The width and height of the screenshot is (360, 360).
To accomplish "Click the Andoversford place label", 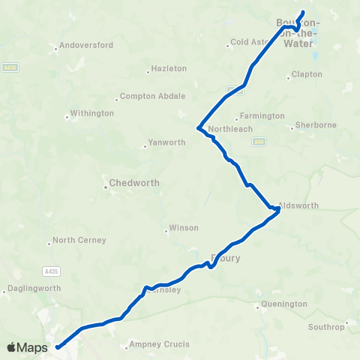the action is [86, 45].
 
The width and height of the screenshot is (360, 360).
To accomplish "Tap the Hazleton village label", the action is [169, 68].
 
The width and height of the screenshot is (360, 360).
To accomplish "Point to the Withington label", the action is [91, 113].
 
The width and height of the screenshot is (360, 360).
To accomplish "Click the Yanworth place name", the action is [166, 142].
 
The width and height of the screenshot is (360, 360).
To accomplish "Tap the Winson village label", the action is [184, 227].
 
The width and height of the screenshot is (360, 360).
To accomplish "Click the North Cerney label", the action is [79, 240].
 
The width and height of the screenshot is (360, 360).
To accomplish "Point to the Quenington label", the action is [284, 304].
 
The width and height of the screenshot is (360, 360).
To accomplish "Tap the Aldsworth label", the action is [298, 205].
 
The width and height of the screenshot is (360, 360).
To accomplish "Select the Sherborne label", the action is [316, 124].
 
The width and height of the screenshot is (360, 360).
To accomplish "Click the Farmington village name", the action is [260, 116].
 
